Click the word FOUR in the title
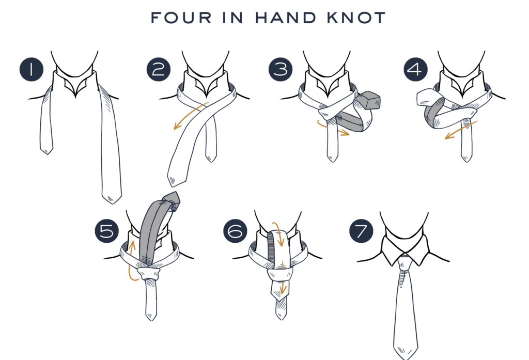click(x=181, y=18)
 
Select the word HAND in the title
click(x=285, y=18)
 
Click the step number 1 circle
click(x=32, y=70)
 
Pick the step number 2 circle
click(x=159, y=70)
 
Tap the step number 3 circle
click(x=281, y=70)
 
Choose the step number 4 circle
click(x=415, y=70)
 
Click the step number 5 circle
click(x=107, y=231)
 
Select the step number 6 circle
click(x=235, y=231)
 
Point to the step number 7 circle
click(x=361, y=231)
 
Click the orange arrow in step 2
click(x=190, y=115)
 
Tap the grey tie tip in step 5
click(x=172, y=200)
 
